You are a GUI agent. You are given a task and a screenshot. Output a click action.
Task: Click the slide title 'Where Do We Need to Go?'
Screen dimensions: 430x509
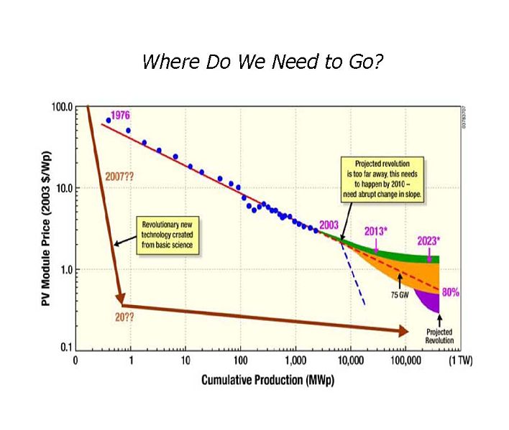coord(262,62)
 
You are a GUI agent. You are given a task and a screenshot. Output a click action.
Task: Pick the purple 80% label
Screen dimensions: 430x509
coord(451,292)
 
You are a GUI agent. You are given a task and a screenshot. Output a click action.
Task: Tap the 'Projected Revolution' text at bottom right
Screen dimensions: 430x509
coord(440,337)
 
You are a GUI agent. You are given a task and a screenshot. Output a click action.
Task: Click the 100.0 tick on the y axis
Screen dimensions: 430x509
coord(63,107)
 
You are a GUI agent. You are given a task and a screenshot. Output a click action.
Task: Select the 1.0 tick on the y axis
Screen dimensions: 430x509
coord(65,270)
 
